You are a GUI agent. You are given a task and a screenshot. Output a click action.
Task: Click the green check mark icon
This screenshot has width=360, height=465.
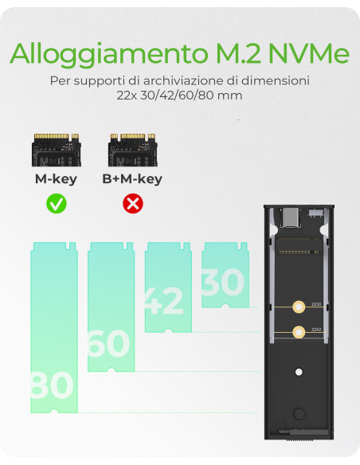[x=56, y=203]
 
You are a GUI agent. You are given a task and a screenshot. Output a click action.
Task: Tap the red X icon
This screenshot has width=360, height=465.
[x=132, y=203]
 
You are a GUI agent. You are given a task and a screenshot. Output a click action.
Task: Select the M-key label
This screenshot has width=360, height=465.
[x=56, y=178]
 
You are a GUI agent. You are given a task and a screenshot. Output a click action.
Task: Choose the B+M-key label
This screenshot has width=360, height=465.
[x=132, y=178]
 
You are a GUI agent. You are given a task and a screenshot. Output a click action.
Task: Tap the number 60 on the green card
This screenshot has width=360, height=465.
[x=108, y=344]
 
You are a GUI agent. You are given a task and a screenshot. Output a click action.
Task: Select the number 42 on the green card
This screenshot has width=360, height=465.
[x=163, y=301]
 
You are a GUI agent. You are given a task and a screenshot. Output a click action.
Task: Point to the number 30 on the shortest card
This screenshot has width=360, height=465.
[x=222, y=283]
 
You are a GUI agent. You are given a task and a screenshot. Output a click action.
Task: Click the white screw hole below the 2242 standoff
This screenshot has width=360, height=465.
[x=299, y=372]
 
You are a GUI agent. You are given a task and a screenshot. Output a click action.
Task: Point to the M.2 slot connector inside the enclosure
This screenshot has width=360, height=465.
[x=299, y=239]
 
